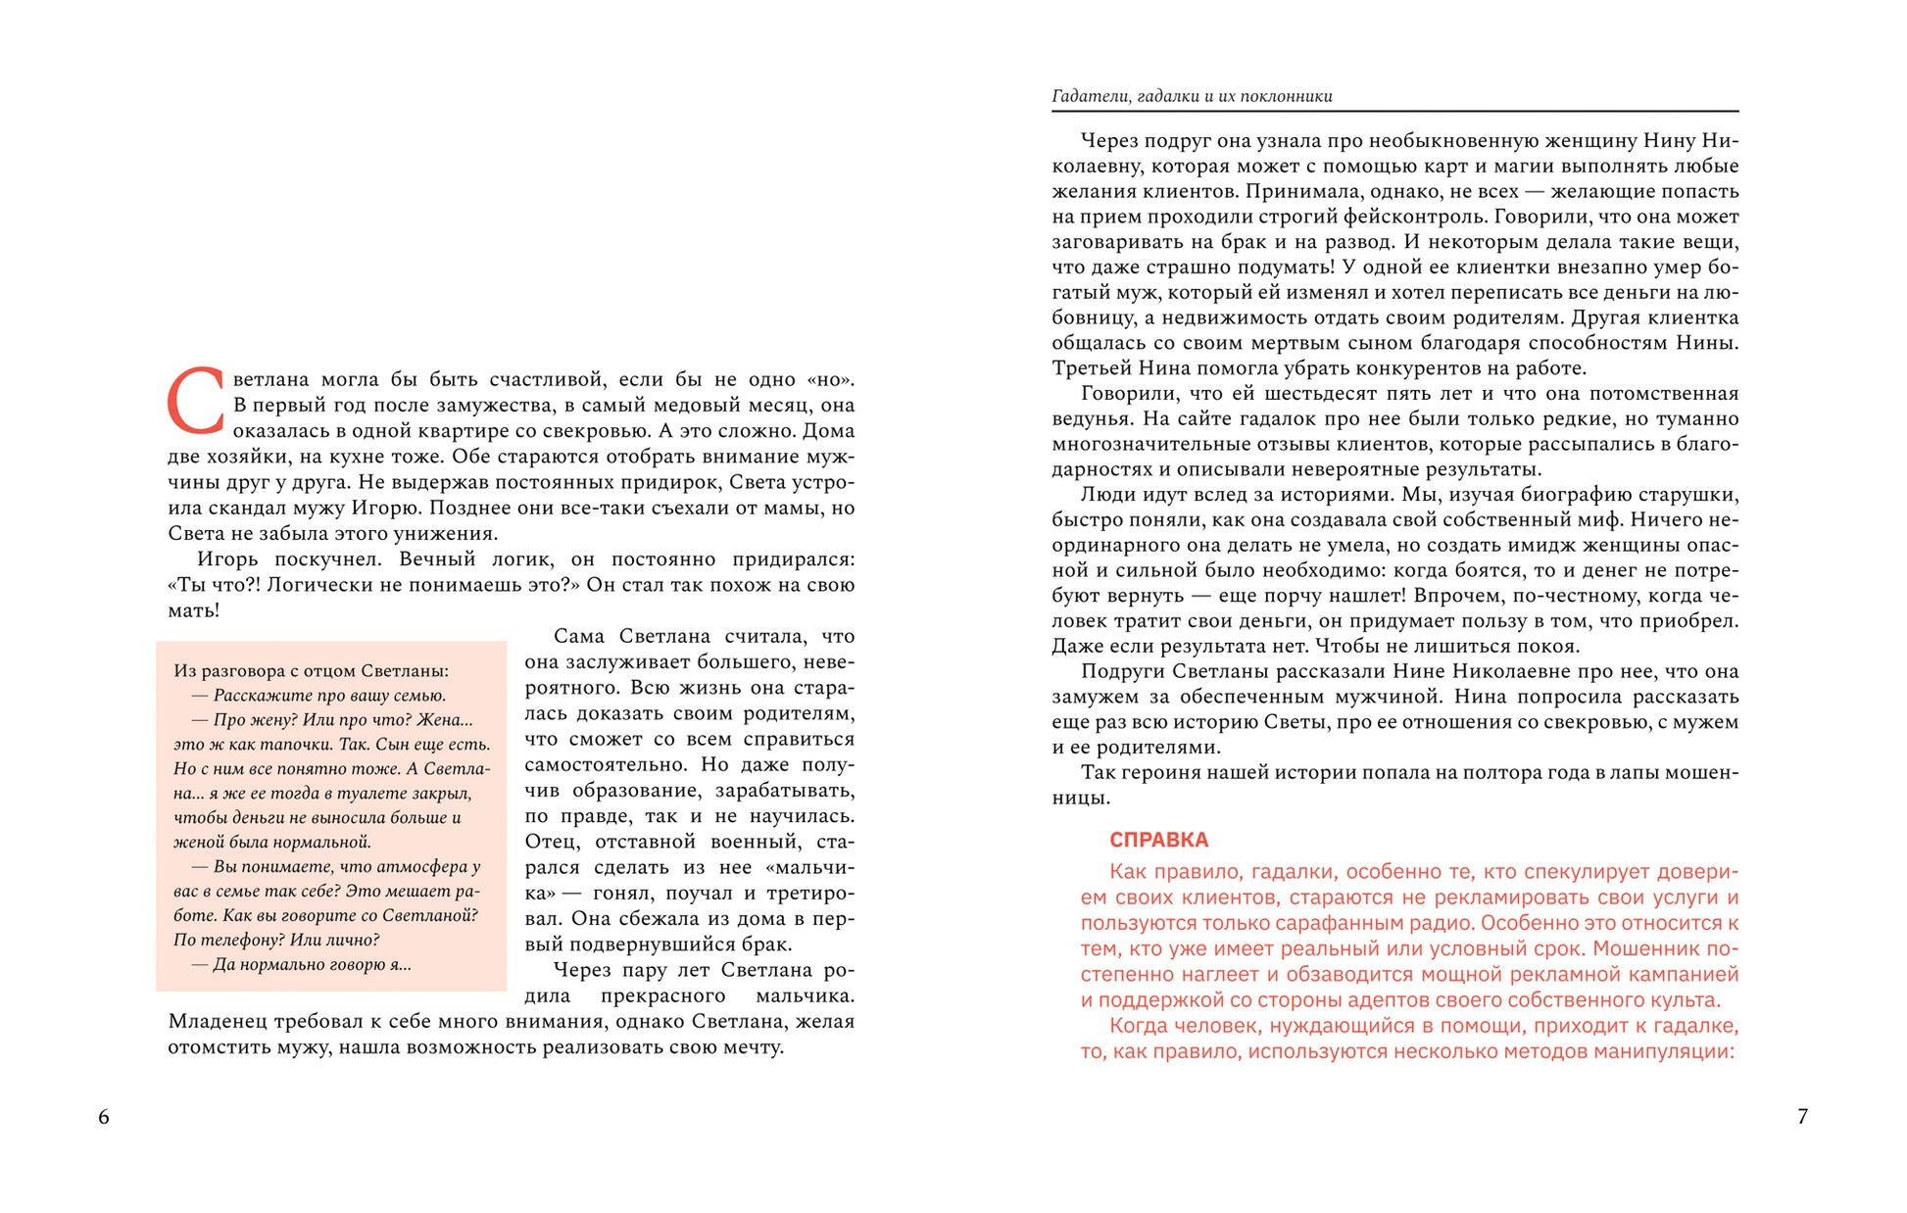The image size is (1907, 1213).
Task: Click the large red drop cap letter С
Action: pyautogui.click(x=197, y=401)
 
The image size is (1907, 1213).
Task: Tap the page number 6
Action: pyautogui.click(x=104, y=1117)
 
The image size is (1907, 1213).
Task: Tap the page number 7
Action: pyautogui.click(x=1802, y=1116)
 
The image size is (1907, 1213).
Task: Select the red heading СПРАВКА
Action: pyautogui.click(x=1158, y=840)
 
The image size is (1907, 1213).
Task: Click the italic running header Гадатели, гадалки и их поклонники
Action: pyautogui.click(x=1192, y=96)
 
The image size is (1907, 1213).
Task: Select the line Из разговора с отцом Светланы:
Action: pyautogui.click(x=311, y=671)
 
